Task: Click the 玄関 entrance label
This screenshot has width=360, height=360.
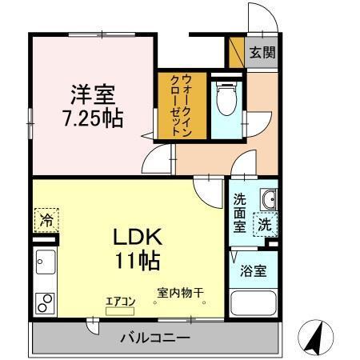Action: pos(261,53)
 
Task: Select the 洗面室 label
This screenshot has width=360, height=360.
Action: pos(240,212)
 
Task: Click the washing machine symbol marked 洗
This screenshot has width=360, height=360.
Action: pos(265,225)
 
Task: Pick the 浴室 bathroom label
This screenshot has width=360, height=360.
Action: pos(254,270)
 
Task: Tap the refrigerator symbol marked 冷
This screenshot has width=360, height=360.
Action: pos(46,218)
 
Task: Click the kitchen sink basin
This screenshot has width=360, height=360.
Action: pos(45,261)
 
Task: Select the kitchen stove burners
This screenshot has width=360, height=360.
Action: pos(45,304)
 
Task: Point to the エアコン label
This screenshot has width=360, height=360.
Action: pos(122,301)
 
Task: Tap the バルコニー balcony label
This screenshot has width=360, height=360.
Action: pos(155,338)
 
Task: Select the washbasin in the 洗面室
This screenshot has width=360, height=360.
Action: pos(269,199)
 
